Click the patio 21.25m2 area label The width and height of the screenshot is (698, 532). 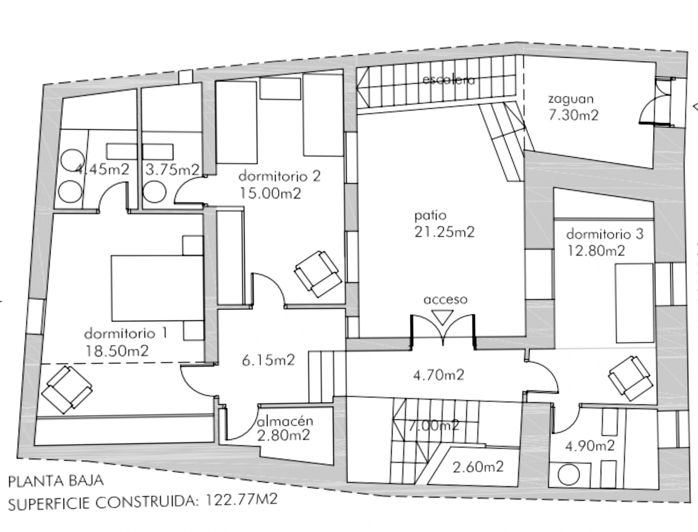pyautogui.click(x=444, y=224)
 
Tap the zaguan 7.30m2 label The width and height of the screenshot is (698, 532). pyautogui.click(x=573, y=107)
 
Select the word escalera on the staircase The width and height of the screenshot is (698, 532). pyautogui.click(x=449, y=80)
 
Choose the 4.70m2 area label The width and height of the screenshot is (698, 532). pyautogui.click(x=439, y=375)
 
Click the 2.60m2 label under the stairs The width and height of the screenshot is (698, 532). pyautogui.click(x=478, y=467)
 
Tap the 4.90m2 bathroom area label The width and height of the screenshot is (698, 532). pyautogui.click(x=590, y=446)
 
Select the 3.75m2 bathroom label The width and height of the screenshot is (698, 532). pyautogui.click(x=172, y=170)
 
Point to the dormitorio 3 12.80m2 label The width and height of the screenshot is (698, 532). pyautogui.click(x=604, y=243)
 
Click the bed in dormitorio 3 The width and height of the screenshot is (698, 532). pyautogui.click(x=634, y=303)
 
